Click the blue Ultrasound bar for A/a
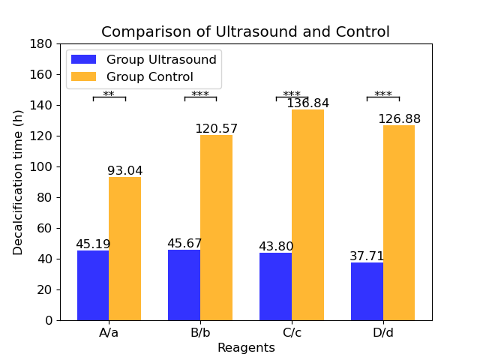coord(93,285)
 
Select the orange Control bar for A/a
coord(125,248)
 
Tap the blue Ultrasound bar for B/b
coord(184,285)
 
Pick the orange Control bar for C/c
coord(307,215)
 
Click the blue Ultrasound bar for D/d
coord(367,292)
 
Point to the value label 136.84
coord(307,103)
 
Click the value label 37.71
coord(367,256)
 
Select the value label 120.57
coord(217,128)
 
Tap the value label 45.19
coord(93,244)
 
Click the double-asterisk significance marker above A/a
coord(109,94)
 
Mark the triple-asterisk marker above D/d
coord(383,94)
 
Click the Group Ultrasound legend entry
coord(144,59)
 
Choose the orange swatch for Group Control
coord(83,76)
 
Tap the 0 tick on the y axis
coord(49,320)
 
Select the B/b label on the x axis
coord(200,332)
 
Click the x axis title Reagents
coord(247,348)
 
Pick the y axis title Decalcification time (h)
coord(18,182)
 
